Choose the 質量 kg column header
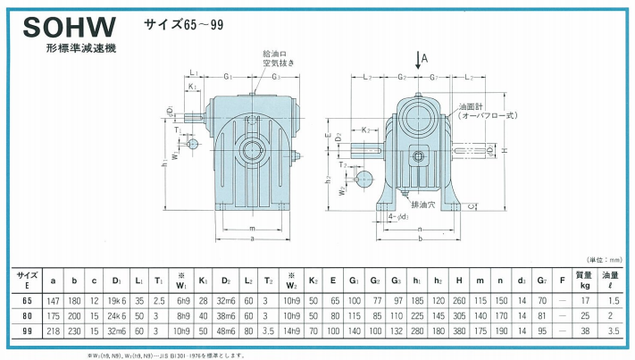(584, 280)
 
